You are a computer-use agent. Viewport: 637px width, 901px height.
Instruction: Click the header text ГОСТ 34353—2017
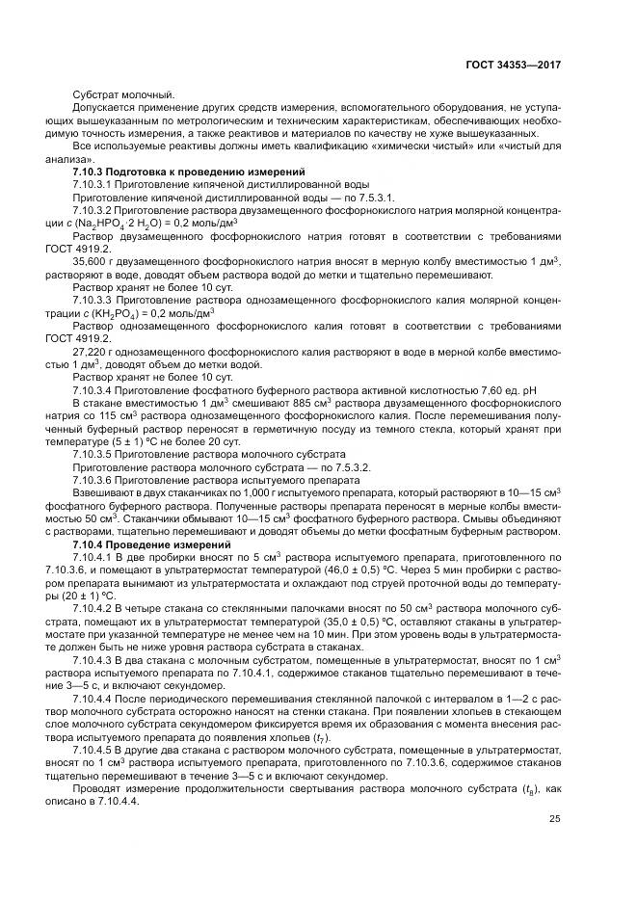point(514,65)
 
